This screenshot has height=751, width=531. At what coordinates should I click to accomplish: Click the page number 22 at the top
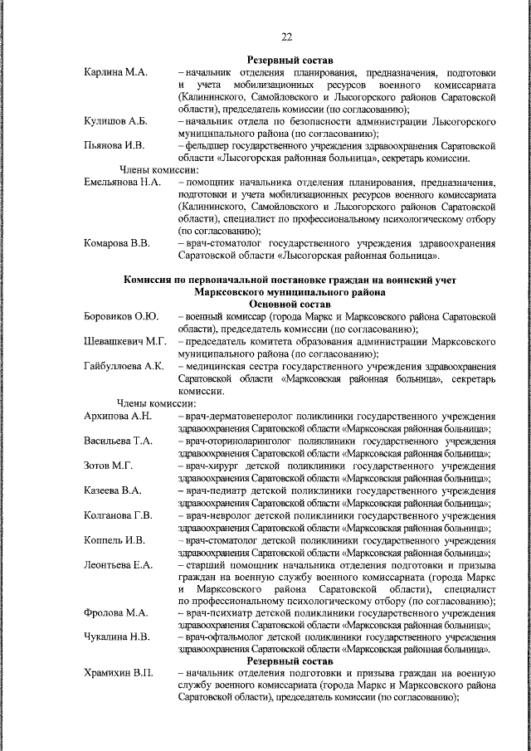click(287, 37)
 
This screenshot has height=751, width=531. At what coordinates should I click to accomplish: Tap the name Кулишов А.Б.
click(117, 121)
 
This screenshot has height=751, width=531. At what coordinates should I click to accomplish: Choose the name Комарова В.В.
click(117, 242)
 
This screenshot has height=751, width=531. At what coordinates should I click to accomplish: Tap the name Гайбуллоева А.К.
click(124, 365)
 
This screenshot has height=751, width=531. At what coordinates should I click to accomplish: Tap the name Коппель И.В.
click(114, 540)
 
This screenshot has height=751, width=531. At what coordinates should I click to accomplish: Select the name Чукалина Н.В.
click(116, 637)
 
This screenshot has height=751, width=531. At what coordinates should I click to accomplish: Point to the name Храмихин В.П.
click(119, 674)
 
